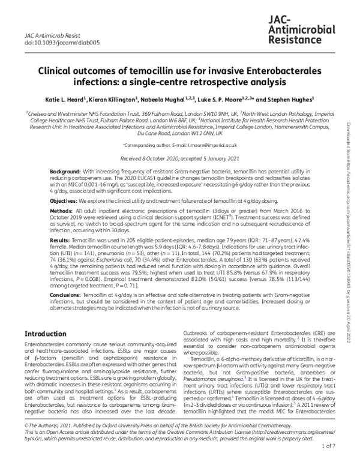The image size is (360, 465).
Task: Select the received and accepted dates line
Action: point(179,158)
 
